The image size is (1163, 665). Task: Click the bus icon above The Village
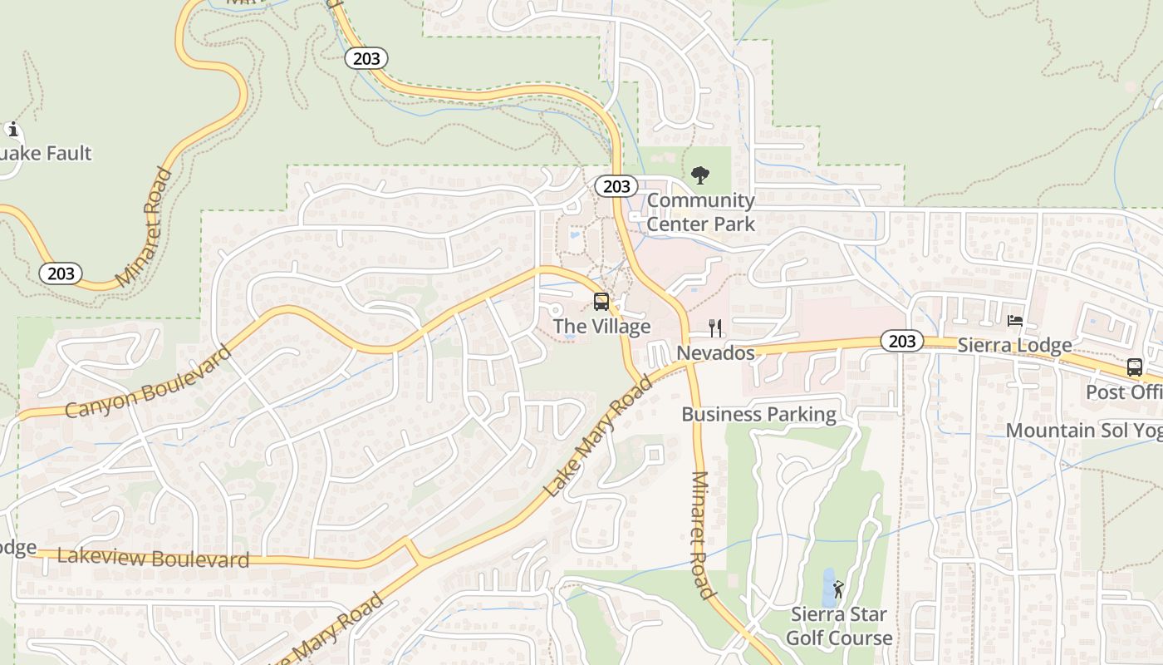pyautogui.click(x=601, y=302)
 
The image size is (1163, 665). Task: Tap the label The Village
pyautogui.click(x=601, y=327)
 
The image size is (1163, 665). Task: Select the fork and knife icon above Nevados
pyautogui.click(x=715, y=328)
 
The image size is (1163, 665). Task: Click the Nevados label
pyautogui.click(x=715, y=353)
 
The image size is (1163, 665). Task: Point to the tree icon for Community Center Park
pyautogui.click(x=700, y=175)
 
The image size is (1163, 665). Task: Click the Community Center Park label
pyautogui.click(x=700, y=212)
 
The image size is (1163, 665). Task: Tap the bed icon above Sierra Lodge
pyautogui.click(x=1014, y=320)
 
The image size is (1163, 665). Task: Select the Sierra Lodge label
pyautogui.click(x=1014, y=345)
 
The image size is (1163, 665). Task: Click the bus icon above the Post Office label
pyautogui.click(x=1134, y=367)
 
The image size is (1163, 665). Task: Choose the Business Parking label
pyautogui.click(x=758, y=414)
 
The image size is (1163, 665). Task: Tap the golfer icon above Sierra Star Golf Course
pyautogui.click(x=838, y=589)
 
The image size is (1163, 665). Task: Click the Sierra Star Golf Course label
pyautogui.click(x=839, y=627)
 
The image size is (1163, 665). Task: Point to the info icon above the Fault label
pyautogui.click(x=12, y=129)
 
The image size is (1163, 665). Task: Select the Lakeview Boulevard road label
pyautogui.click(x=153, y=558)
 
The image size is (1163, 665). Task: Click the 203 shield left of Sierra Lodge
pyautogui.click(x=901, y=341)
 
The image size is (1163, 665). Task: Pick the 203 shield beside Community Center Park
pyautogui.click(x=616, y=187)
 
